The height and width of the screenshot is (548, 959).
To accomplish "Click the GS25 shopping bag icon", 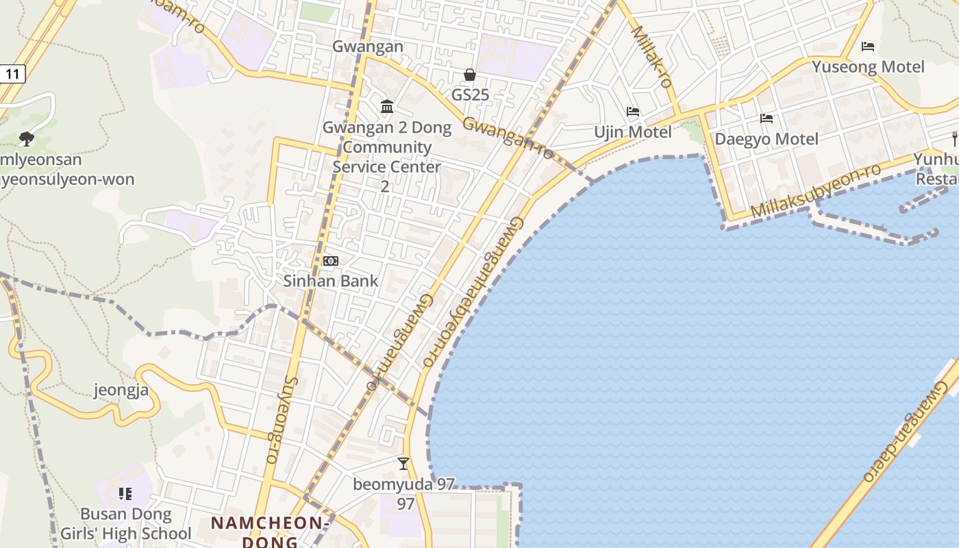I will pyautogui.click(x=470, y=75).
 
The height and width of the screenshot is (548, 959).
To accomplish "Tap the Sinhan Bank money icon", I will pyautogui.click(x=331, y=261).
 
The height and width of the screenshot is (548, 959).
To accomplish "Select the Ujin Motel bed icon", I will pyautogui.click(x=633, y=112).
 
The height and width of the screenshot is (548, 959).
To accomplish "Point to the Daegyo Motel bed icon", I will pyautogui.click(x=767, y=119).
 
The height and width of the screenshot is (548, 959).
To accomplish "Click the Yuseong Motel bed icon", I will pyautogui.click(x=868, y=47).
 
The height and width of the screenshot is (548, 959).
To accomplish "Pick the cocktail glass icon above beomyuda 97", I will pyautogui.click(x=403, y=464).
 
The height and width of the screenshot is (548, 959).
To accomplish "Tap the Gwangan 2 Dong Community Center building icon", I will pyautogui.click(x=387, y=106).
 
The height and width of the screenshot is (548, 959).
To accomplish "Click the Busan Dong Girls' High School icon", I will pyautogui.click(x=125, y=493).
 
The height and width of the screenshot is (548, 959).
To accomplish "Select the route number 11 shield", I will pyautogui.click(x=12, y=73).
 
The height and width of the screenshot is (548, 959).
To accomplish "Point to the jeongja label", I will pyautogui.click(x=121, y=391).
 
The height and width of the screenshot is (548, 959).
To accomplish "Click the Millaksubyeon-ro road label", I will pyautogui.click(x=815, y=191).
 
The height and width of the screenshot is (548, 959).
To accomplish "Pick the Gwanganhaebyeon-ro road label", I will pyautogui.click(x=473, y=291).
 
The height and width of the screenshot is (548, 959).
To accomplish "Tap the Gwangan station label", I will pyautogui.click(x=368, y=47).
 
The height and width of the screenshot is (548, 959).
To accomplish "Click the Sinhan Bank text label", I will pyautogui.click(x=331, y=281).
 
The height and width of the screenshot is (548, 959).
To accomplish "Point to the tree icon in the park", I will pyautogui.click(x=27, y=139).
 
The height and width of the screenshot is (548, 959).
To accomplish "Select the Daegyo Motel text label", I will pyautogui.click(x=767, y=139).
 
